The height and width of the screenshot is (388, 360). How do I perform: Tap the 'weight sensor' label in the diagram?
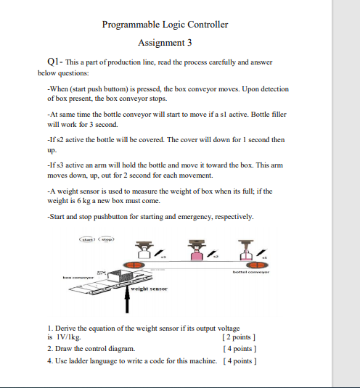(x=150, y=289)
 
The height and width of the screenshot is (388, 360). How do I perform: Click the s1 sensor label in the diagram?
(x=265, y=257)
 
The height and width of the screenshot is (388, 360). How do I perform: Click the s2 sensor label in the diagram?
(x=216, y=257)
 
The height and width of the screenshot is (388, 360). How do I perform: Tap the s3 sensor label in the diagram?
(x=163, y=257)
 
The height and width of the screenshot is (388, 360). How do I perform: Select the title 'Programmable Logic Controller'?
(x=165, y=25)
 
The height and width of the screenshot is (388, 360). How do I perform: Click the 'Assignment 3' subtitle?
(x=165, y=43)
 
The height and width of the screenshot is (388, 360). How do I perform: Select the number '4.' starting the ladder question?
(x=49, y=360)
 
